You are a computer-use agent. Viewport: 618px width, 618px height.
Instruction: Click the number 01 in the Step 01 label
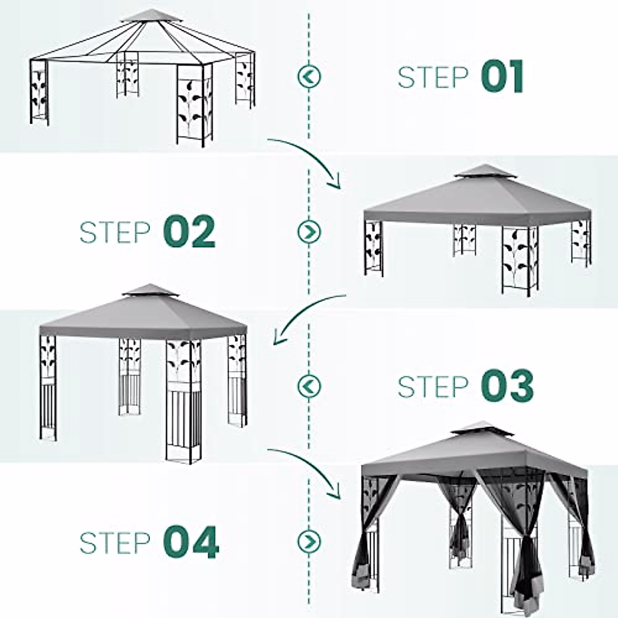502,76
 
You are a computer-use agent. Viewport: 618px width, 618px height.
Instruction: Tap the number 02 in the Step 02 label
189,231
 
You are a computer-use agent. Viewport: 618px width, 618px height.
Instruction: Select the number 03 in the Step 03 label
507,386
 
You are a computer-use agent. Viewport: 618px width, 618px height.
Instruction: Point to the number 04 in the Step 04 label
191,542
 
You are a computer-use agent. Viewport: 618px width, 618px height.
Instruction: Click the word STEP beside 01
433,77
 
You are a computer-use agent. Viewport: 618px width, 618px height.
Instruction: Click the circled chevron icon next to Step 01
309,77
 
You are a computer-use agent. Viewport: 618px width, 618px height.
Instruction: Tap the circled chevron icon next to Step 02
309,232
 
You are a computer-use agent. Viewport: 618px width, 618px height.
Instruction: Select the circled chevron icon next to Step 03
309,386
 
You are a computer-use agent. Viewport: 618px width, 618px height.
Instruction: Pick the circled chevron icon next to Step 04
309,542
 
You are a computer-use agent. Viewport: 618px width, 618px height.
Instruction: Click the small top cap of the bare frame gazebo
151,15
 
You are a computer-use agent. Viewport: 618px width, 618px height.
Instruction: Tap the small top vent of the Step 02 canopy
485,171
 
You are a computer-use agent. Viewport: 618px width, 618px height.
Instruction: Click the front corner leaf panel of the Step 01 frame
194,105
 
